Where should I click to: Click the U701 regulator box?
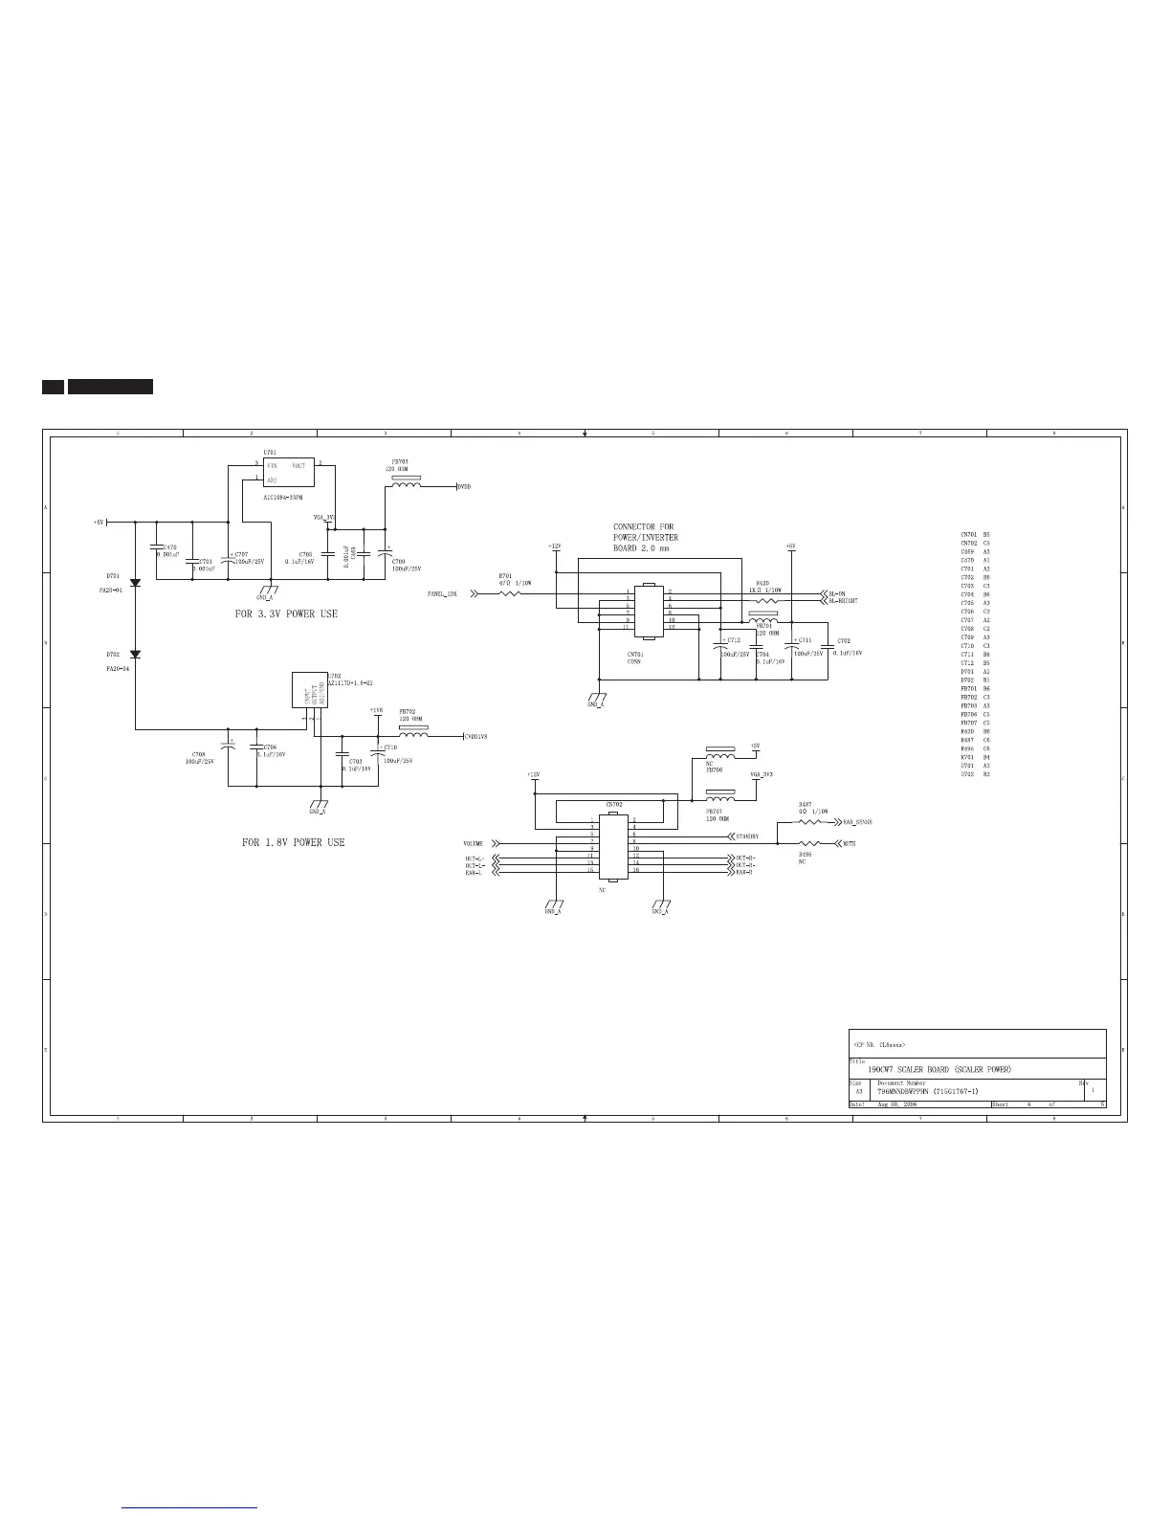[x=288, y=472]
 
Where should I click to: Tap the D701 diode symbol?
[x=135, y=583]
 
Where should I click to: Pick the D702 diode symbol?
[x=135, y=655]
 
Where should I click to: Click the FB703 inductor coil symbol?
[x=404, y=486]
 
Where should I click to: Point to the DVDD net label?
[x=464, y=487]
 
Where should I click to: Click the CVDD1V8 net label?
[x=475, y=736]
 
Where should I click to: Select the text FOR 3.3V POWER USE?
[x=286, y=613]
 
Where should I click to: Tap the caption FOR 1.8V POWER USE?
[x=293, y=842]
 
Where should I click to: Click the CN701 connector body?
[x=648, y=611]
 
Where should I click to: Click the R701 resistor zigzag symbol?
[x=510, y=593]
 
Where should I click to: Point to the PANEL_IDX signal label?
[x=442, y=594]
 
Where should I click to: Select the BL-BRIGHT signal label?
[x=843, y=601]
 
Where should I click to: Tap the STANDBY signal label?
[x=747, y=836]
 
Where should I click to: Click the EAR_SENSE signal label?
[x=857, y=822]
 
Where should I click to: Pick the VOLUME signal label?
[x=474, y=844]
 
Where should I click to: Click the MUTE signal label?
[x=849, y=844]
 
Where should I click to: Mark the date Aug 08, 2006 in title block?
[x=896, y=1104]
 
